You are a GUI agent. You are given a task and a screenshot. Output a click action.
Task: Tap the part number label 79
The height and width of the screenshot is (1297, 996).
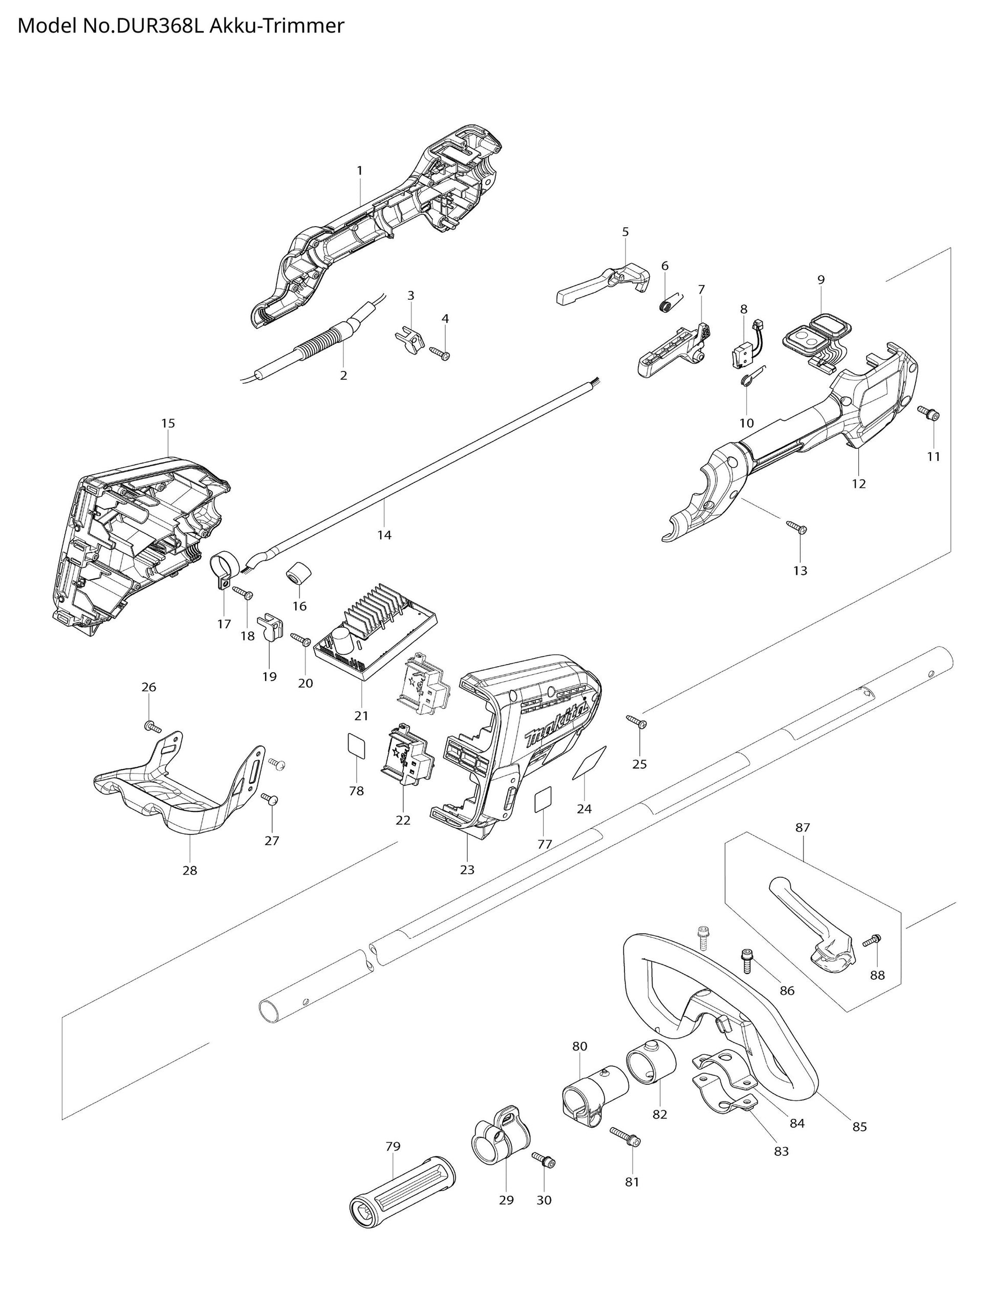tap(393, 1146)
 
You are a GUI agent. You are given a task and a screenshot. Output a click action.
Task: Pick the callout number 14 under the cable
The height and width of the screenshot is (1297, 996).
tap(384, 535)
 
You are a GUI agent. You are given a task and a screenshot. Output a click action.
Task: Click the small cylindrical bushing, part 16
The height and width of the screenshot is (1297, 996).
tap(300, 574)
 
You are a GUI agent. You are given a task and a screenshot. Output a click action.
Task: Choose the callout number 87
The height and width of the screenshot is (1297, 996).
tap(802, 827)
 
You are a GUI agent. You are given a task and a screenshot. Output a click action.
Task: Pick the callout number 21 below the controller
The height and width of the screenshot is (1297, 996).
tap(361, 715)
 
